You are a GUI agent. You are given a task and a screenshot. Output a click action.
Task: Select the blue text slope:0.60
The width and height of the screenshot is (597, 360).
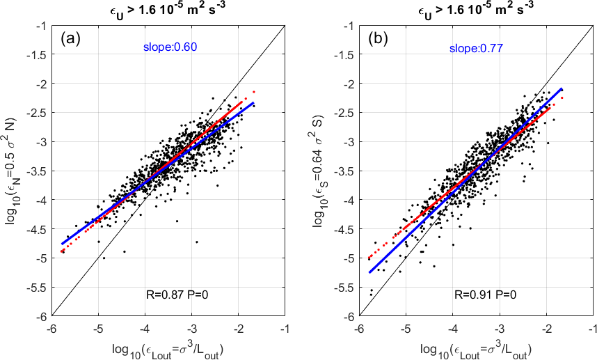(164, 47)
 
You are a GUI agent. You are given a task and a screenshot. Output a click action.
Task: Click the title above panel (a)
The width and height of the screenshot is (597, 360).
(168, 10)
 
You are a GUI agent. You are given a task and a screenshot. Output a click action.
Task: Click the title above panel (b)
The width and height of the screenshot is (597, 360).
(477, 10)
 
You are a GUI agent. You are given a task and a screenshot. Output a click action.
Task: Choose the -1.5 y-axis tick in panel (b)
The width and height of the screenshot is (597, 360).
(343, 54)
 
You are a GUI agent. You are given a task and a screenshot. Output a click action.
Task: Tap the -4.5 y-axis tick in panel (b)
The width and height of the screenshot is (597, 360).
(343, 228)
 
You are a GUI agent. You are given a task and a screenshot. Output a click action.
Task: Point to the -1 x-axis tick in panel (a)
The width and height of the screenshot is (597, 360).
(283, 327)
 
